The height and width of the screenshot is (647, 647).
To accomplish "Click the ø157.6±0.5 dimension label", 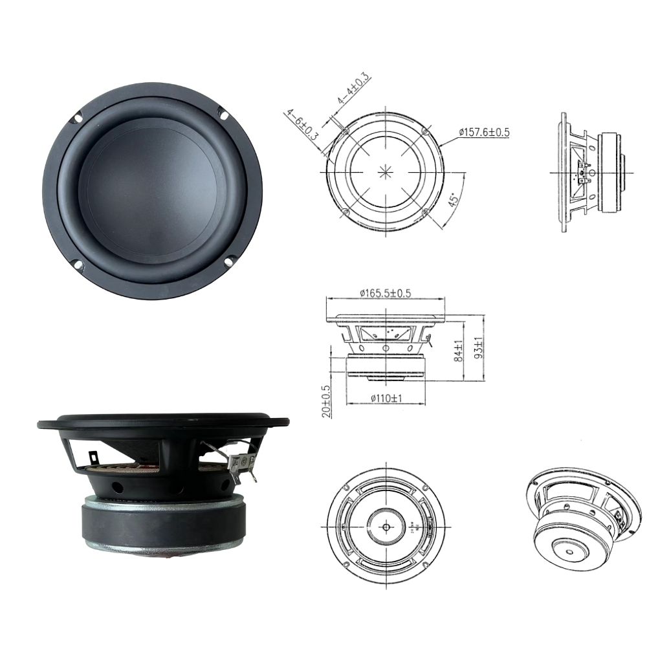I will pos(485,133).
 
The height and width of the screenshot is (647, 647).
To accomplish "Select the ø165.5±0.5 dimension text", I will pos(385,293).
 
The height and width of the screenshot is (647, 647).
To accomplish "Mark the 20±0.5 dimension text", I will pos(326,402).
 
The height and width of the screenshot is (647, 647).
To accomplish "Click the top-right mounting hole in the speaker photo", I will pos(224,116).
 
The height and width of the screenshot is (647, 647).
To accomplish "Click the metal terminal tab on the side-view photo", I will pos(241,462).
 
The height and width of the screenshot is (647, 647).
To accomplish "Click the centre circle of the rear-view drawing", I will pos(386,526).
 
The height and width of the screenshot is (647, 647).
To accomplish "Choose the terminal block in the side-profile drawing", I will pos(582,173).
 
